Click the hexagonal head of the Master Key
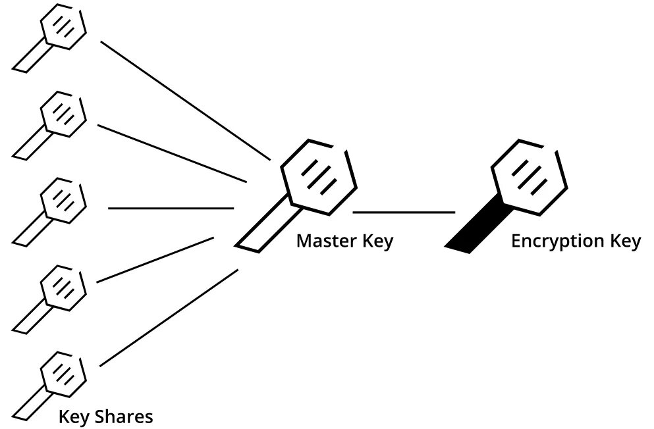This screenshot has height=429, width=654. (319, 176)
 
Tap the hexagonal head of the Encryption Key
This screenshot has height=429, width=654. (530, 176)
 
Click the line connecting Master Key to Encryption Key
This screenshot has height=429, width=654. (404, 213)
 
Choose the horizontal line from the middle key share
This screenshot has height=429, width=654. (171, 209)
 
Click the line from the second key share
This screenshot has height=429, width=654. (172, 153)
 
